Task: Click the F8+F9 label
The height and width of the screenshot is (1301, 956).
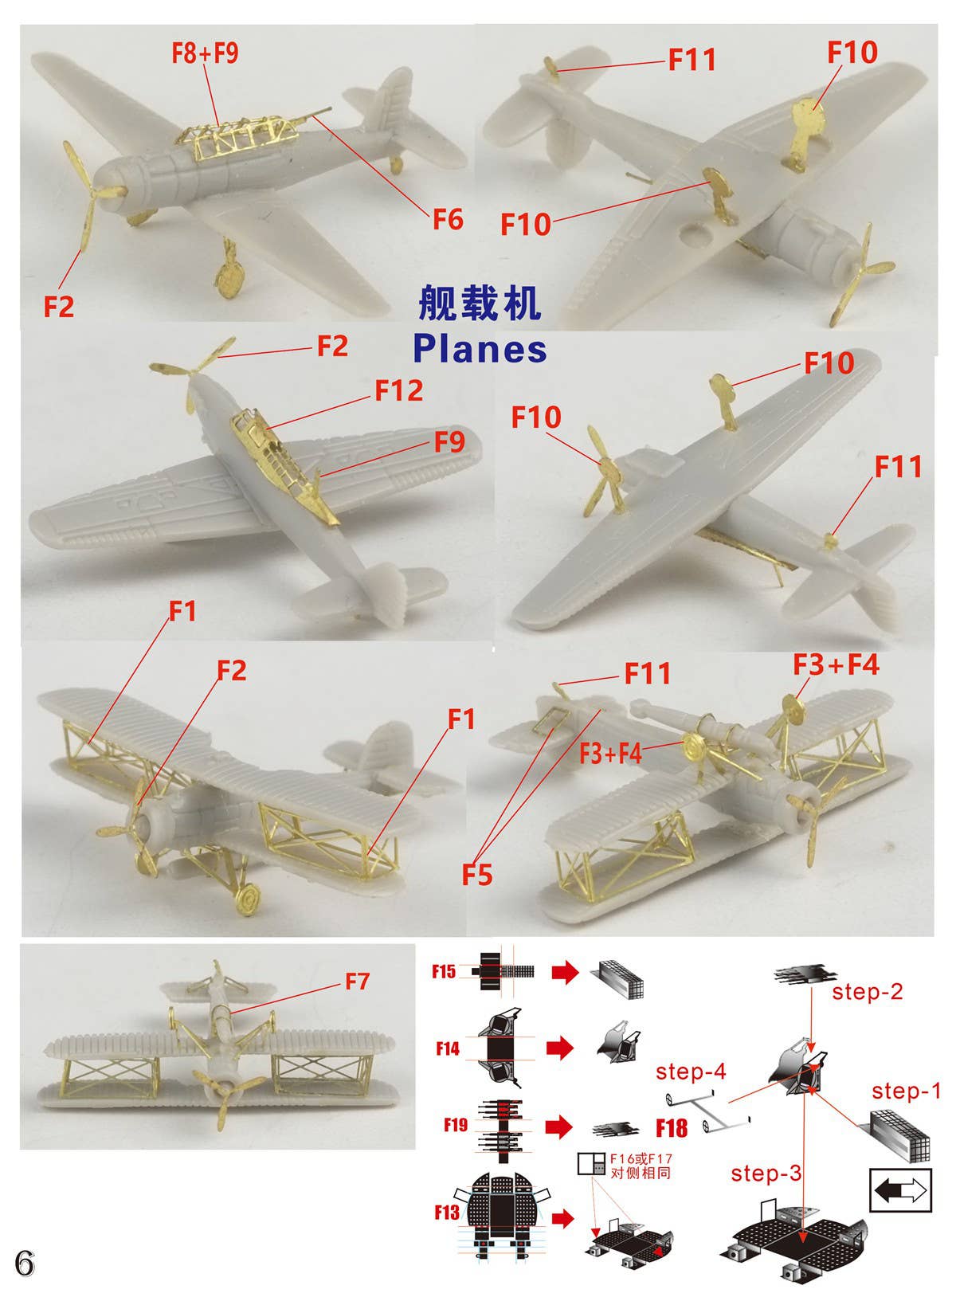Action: click(205, 53)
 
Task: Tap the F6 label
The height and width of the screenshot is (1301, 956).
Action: click(448, 218)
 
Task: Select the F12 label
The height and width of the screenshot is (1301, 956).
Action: click(399, 390)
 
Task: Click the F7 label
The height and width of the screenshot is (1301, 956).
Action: click(358, 981)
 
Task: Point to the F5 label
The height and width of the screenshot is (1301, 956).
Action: click(477, 875)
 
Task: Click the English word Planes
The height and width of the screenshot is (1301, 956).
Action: click(480, 348)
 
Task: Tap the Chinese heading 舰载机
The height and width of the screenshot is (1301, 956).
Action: click(480, 303)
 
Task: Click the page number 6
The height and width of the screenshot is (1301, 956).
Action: click(24, 1263)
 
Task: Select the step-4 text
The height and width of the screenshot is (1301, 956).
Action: click(691, 1072)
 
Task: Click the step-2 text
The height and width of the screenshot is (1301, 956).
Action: click(868, 991)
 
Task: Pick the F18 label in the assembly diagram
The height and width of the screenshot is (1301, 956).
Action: click(671, 1127)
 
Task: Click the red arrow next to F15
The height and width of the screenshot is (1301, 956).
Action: click(564, 972)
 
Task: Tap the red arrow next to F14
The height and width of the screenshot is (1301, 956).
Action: click(560, 1048)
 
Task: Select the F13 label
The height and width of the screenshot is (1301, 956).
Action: click(447, 1213)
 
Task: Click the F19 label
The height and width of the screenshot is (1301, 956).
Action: click(456, 1125)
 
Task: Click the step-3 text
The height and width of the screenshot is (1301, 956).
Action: click(766, 1173)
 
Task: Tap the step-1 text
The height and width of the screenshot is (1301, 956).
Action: click(907, 1090)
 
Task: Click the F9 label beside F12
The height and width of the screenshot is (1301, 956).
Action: click(449, 441)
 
